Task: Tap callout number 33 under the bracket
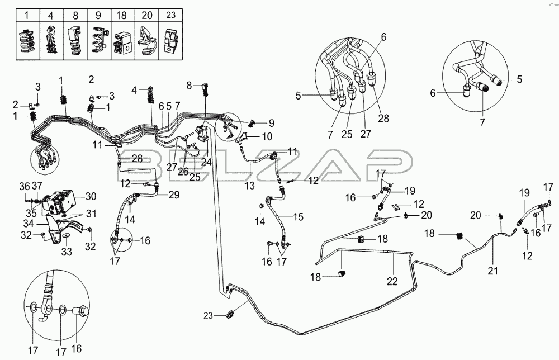click(65, 252)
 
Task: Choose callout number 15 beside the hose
click(298, 216)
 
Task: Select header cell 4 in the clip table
click(49, 13)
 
